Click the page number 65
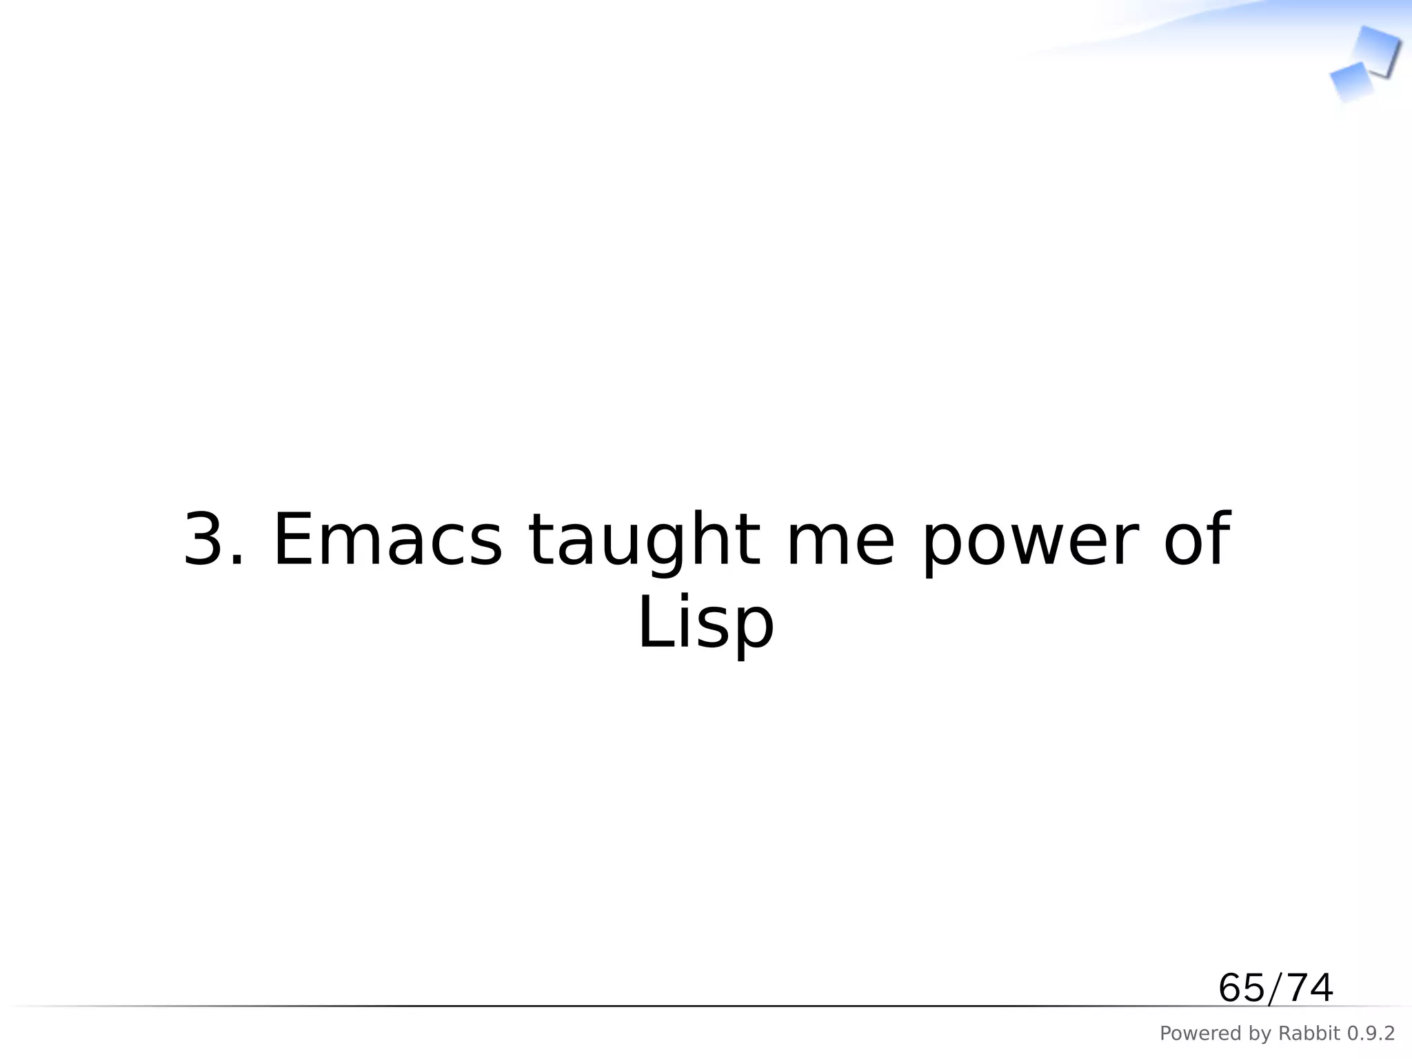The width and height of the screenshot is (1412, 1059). [1241, 988]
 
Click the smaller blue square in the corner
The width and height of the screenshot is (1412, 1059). [1351, 81]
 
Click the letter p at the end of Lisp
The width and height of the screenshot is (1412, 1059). [755, 629]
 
